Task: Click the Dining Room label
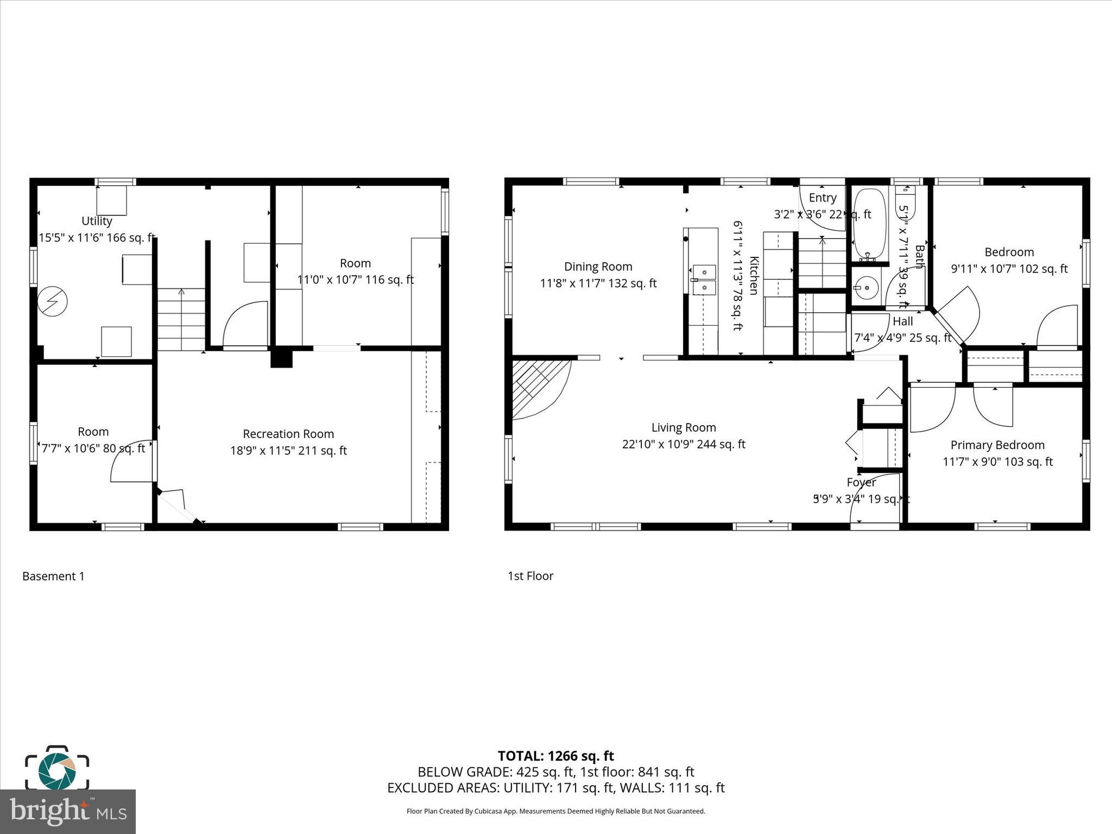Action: tap(598, 267)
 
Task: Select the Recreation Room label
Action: tap(288, 434)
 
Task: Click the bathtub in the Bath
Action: tap(869, 224)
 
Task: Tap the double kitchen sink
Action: tap(704, 279)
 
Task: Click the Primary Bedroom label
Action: tap(997, 445)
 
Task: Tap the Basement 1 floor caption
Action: tap(53, 576)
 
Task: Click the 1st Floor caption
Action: tap(530, 576)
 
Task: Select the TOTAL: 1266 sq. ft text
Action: tap(555, 756)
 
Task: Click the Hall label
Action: tap(902, 321)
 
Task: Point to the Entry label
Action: tap(822, 198)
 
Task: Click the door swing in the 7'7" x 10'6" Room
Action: tap(130, 462)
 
